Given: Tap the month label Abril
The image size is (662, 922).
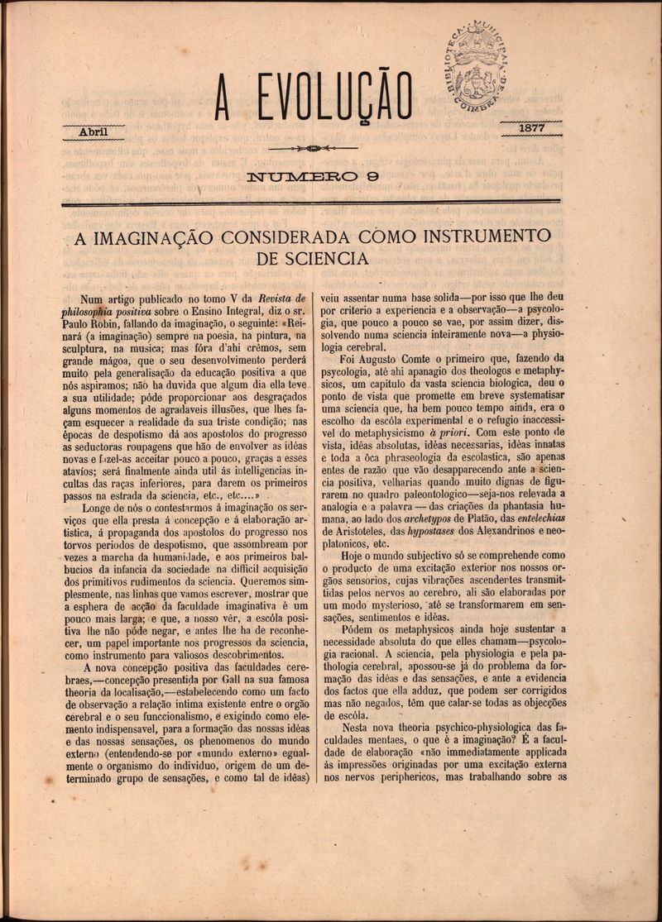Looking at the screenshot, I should tap(93, 131).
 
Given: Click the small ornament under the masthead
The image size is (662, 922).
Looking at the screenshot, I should tap(313, 149).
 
